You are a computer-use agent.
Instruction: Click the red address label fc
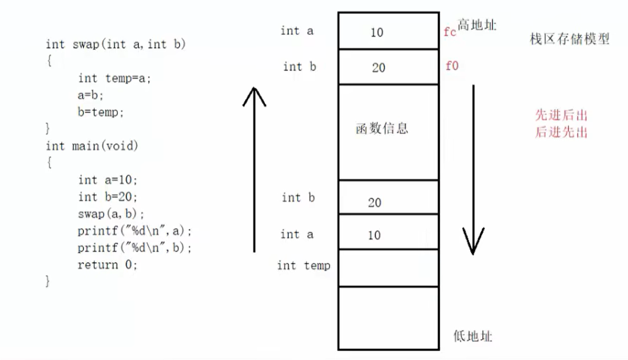(x=450, y=33)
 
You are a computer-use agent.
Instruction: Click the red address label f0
(x=452, y=66)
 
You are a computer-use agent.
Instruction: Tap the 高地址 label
(x=477, y=25)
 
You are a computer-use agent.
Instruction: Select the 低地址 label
(x=472, y=336)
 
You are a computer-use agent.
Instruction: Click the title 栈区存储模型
(x=570, y=39)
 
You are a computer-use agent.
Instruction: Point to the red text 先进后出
(x=561, y=116)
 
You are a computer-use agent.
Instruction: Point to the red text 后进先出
(x=561, y=132)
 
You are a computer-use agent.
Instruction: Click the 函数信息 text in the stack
(x=381, y=128)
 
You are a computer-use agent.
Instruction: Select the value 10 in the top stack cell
(x=376, y=33)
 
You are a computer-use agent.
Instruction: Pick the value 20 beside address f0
(x=378, y=68)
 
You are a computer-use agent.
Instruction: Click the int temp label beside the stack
(x=303, y=266)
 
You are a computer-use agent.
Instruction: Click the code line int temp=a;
(x=114, y=78)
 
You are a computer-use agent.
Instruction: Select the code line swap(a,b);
(x=107, y=213)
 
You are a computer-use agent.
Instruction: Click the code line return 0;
(x=108, y=265)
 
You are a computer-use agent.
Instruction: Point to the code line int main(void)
(x=92, y=146)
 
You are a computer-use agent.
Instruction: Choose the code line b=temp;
(x=101, y=112)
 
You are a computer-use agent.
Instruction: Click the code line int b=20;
(x=108, y=197)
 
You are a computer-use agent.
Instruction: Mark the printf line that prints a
(x=134, y=231)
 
